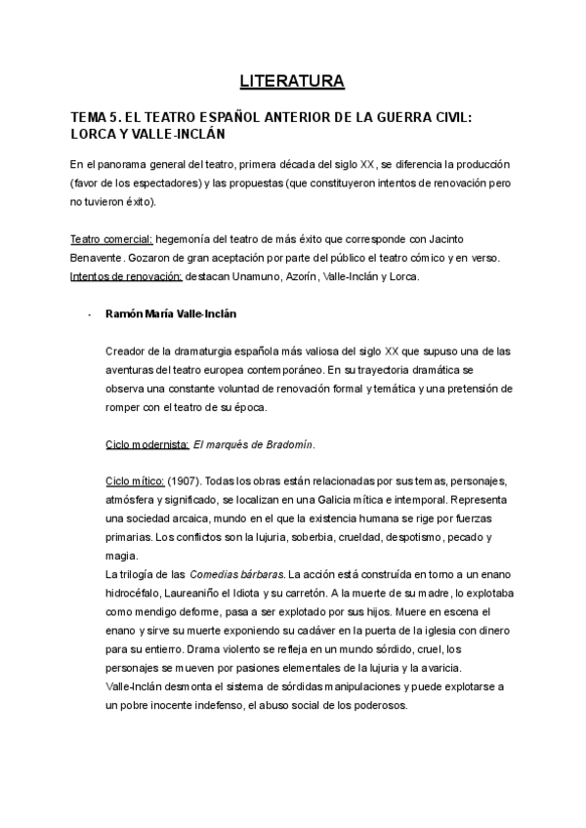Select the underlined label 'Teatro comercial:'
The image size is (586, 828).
(112, 240)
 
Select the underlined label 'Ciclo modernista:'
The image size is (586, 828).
(146, 444)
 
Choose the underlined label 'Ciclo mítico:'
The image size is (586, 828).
(135, 481)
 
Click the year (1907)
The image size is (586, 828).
(185, 481)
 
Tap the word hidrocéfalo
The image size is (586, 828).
(138, 592)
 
